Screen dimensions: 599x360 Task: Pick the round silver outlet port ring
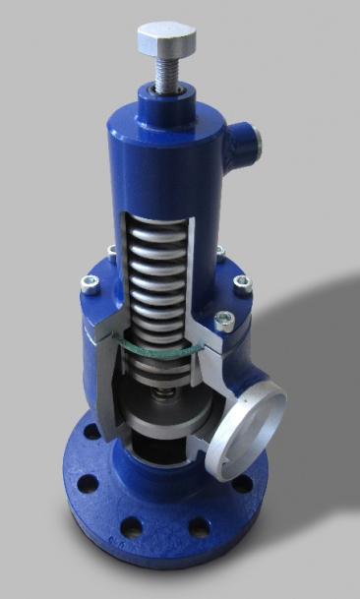pos(252,432)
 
